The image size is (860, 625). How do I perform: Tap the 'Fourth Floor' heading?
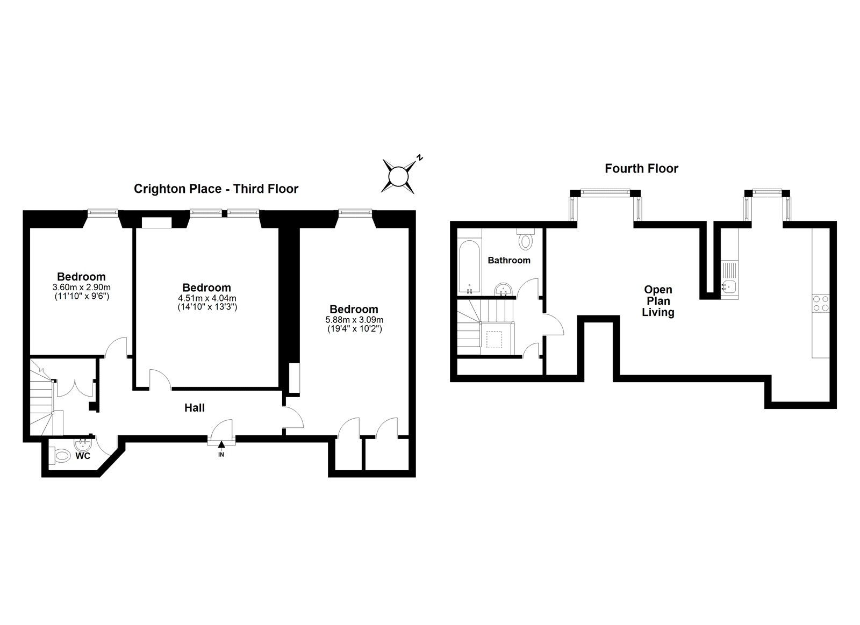click(x=641, y=169)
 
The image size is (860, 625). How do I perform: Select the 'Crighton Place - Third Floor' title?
click(x=216, y=189)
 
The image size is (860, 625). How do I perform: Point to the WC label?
click(x=83, y=456)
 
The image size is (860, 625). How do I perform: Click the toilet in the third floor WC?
click(x=60, y=456)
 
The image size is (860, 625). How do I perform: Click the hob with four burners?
click(x=821, y=303)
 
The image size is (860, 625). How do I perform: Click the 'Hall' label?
click(x=195, y=408)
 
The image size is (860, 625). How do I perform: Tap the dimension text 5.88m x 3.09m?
click(x=354, y=320)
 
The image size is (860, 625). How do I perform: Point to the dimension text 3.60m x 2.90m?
click(x=81, y=287)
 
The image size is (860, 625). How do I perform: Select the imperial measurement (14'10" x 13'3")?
click(x=207, y=307)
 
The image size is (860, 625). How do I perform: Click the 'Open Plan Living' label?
click(x=658, y=301)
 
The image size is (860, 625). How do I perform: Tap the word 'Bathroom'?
click(x=508, y=260)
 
